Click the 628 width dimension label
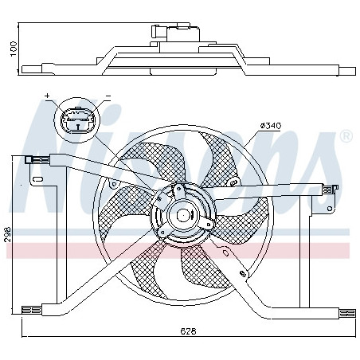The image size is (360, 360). pos(188,331)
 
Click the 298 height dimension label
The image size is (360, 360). pos(7,234)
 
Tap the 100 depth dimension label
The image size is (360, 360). pos(14,49)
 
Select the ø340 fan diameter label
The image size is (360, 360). pos(270,126)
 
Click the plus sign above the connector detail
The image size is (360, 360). pos(47,96)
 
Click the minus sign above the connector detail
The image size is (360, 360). pos(108,96)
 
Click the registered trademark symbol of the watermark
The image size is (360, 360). pos(346,136)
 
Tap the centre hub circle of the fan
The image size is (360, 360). pos(182,214)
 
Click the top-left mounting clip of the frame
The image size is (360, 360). pos(37,159)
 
